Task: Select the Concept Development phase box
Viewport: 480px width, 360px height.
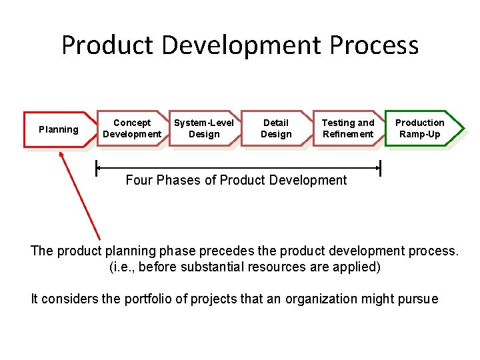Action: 131,128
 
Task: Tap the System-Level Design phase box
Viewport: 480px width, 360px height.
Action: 203,128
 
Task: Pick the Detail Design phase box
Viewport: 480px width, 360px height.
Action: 276,128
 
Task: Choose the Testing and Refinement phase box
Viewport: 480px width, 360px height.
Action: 347,128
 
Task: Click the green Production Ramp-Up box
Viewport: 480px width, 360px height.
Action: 419,128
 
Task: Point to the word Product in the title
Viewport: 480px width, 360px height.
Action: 107,45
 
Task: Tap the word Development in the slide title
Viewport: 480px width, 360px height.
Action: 242,45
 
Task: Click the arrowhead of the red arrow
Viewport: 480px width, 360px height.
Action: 62,155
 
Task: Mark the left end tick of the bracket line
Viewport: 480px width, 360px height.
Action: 97,168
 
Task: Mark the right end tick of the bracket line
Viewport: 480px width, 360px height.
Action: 381,168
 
